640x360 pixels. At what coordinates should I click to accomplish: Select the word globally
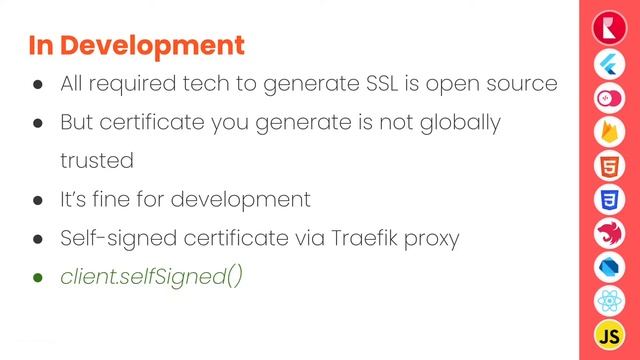click(x=452, y=122)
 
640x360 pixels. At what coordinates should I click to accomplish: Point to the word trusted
click(x=97, y=160)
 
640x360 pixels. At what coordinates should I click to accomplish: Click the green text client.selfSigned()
click(x=151, y=276)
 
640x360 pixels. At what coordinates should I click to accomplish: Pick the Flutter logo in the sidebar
click(x=609, y=61)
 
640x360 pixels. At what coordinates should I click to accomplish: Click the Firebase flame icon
click(x=609, y=131)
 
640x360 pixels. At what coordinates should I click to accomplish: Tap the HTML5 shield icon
click(x=609, y=165)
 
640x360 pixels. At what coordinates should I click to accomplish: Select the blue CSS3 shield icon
click(x=609, y=199)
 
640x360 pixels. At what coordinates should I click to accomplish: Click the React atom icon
click(x=609, y=301)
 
